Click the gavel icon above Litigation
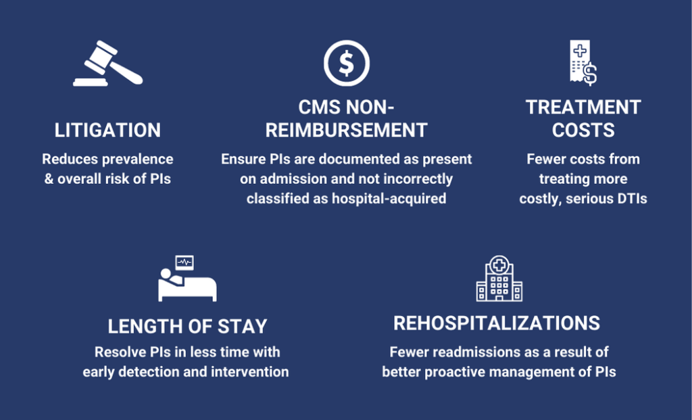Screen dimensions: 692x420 click(x=107, y=64)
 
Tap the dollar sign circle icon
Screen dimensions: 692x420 click(x=347, y=63)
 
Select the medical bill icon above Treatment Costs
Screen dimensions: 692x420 click(x=583, y=62)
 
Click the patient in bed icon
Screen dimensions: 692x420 click(x=187, y=279)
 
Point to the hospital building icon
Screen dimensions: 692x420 click(x=499, y=278)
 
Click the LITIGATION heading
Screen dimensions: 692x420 click(x=107, y=131)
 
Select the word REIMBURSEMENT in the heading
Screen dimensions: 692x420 click(x=347, y=131)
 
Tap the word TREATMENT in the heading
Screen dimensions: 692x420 click(x=583, y=108)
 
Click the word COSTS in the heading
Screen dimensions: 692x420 click(x=583, y=131)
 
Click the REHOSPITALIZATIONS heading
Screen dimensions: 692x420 click(x=497, y=323)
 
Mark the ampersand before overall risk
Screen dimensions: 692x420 click(x=49, y=179)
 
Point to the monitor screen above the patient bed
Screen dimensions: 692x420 click(x=184, y=262)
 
